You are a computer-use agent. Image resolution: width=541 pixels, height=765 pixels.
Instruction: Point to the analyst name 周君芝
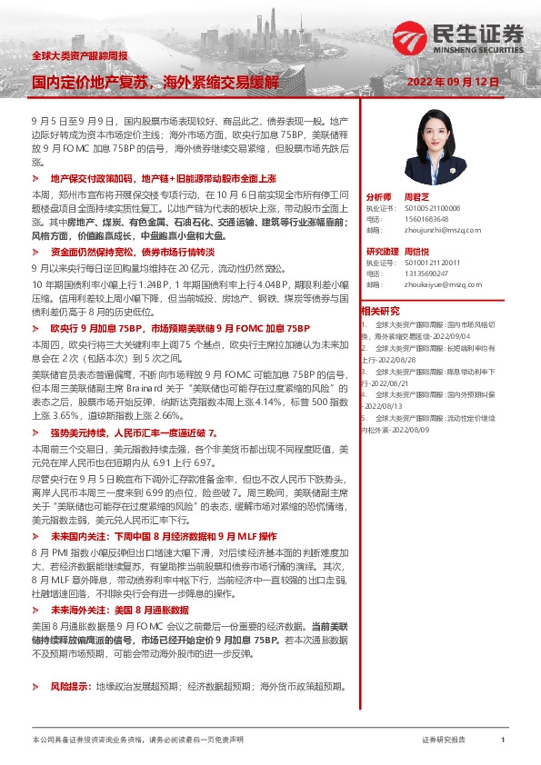(415, 196)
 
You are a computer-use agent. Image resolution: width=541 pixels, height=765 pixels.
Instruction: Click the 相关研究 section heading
(380, 311)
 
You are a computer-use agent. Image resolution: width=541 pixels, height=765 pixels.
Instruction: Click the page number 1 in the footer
(502, 741)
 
